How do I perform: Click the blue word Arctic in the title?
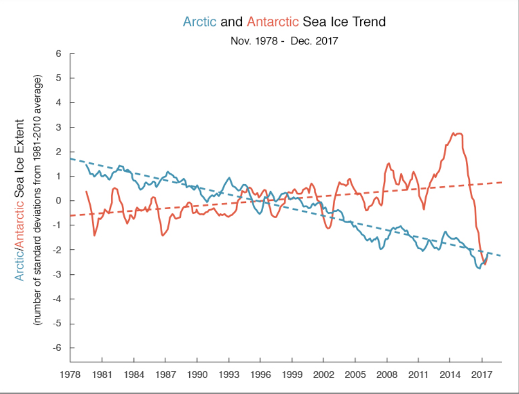point(200,22)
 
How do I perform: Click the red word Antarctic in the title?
point(273,22)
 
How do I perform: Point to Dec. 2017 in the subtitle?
point(315,40)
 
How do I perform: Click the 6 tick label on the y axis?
point(58,54)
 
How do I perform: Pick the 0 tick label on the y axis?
point(58,201)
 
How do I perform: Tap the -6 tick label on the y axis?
point(57,348)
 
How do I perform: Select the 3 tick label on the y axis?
point(58,127)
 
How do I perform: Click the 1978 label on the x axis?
point(70,374)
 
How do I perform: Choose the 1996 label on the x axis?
point(261,374)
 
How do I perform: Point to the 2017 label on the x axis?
point(482,374)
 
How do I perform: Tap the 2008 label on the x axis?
point(387,374)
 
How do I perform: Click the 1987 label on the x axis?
point(165,374)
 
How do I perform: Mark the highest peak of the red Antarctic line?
point(454,133)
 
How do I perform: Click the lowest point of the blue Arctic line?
point(478,268)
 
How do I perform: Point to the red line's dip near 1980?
point(94,235)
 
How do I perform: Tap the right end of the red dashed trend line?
point(501,182)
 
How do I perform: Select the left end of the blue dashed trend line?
point(71,158)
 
